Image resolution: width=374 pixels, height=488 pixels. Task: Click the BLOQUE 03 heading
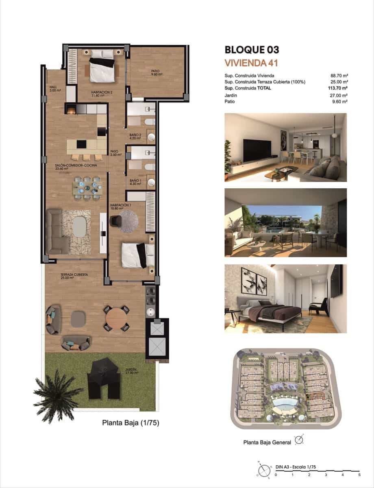tap(252, 50)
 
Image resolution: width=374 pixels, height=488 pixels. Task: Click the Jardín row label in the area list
tap(230, 96)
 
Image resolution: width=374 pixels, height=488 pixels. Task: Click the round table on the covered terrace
tap(116, 318)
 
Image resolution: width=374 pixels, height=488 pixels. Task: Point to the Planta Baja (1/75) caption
tap(130, 423)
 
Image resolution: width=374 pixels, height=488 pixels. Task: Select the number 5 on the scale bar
tap(359, 475)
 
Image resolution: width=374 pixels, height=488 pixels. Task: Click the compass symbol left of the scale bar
tap(264, 470)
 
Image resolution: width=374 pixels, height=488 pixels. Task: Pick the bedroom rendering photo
tap(285, 299)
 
